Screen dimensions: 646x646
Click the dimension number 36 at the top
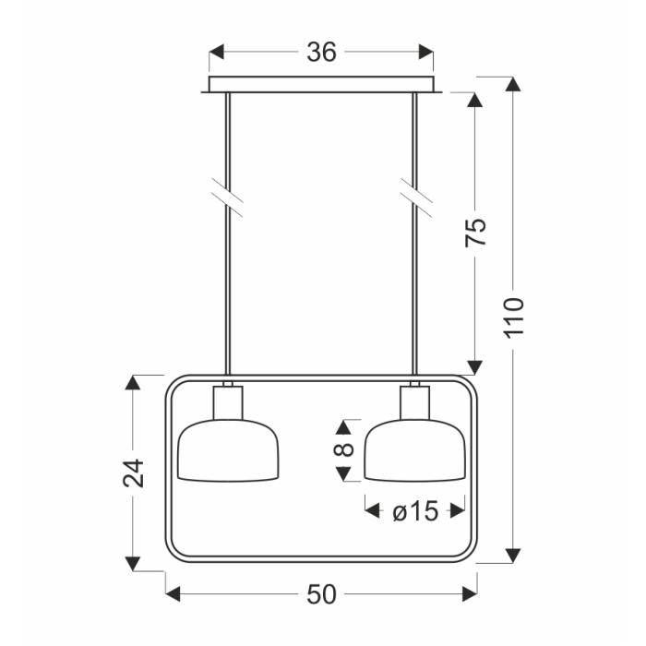[321, 53]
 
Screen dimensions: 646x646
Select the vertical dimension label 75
[475, 233]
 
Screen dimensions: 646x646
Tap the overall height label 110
[514, 317]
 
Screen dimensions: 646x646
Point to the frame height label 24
[134, 473]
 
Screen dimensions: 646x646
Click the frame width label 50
[321, 594]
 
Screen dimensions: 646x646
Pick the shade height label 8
[343, 449]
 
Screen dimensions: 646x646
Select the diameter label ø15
[415, 511]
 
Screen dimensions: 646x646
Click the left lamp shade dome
[228, 450]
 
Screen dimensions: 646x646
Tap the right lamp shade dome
[415, 450]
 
